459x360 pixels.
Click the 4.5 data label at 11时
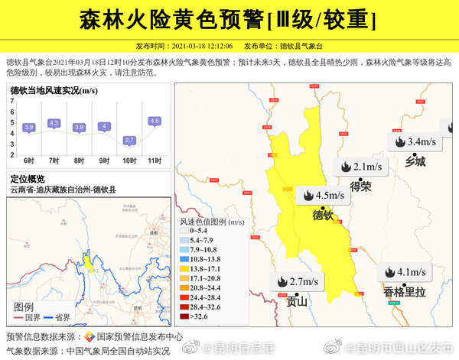[155, 121]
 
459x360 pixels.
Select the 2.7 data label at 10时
[129, 140]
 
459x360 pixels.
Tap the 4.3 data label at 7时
[54, 123]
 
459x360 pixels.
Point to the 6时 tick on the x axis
[29, 161]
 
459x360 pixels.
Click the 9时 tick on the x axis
[104, 161]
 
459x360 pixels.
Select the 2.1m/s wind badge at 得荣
[364, 167]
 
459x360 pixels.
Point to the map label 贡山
[296, 301]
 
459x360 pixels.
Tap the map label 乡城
[415, 161]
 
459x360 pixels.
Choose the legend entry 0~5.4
[198, 230]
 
